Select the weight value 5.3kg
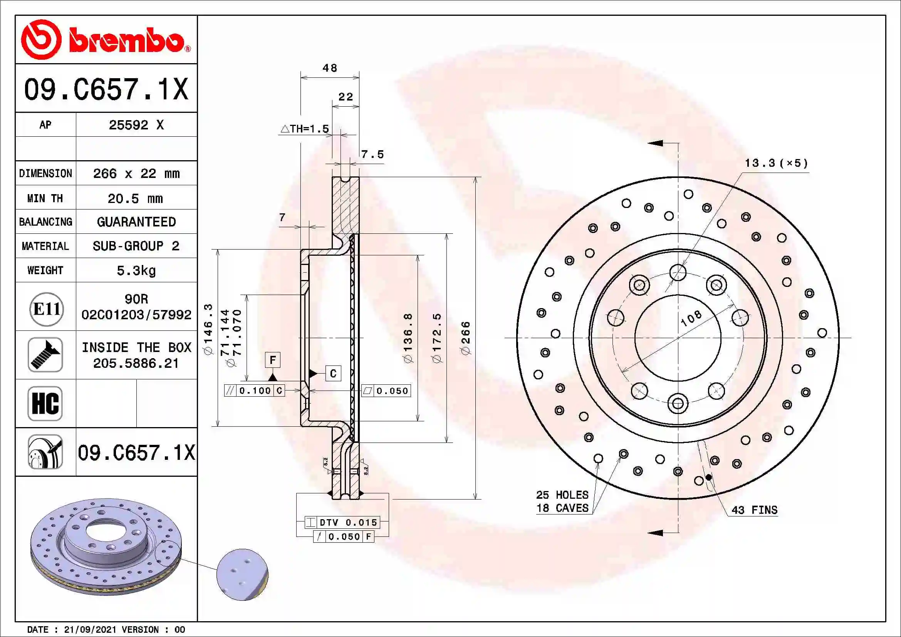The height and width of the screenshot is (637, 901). [136, 271]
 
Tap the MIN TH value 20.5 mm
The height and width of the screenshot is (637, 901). [135, 199]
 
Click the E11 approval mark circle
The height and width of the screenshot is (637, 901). [46, 309]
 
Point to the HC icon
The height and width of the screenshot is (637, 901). [45, 404]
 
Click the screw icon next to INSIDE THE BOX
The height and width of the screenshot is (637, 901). [45, 355]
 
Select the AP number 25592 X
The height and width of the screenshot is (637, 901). [136, 125]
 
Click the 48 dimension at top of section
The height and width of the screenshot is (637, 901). [330, 68]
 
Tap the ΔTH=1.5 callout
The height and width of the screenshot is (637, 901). [305, 129]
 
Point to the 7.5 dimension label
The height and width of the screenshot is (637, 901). [372, 154]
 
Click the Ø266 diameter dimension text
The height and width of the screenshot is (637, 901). [466, 338]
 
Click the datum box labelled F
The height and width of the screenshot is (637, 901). [273, 360]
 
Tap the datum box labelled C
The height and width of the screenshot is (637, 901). [333, 374]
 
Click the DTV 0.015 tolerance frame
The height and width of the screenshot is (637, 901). [342, 523]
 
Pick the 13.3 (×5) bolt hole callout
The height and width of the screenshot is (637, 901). [776, 163]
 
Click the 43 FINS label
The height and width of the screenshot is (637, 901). [754, 510]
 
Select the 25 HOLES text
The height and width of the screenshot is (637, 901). [562, 495]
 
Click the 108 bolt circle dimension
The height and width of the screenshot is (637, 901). [691, 318]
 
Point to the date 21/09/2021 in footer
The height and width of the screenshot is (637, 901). [90, 630]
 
